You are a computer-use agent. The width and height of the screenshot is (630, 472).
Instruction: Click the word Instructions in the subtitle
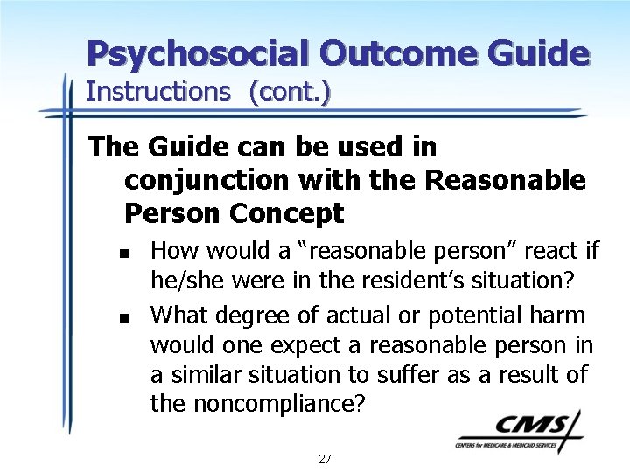[157, 92]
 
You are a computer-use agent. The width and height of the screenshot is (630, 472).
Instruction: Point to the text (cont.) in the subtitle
[290, 92]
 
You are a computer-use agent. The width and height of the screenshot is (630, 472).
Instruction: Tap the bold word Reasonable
[505, 180]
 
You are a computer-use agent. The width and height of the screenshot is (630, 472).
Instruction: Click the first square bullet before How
[125, 253]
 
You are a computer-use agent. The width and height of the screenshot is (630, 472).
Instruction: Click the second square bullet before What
[125, 318]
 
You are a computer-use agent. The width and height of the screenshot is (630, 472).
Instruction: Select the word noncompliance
[273, 404]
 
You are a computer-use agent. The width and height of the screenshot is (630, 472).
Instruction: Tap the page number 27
[325, 458]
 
